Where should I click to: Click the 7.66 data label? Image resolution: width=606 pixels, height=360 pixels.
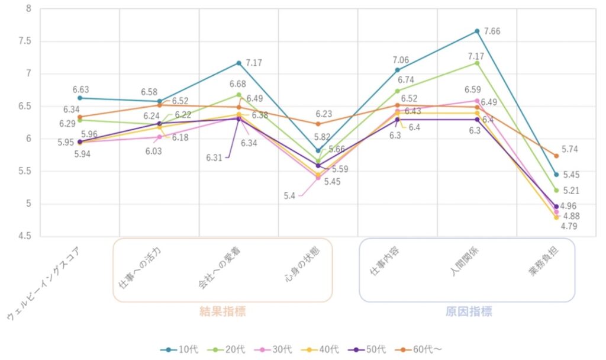click(492, 31)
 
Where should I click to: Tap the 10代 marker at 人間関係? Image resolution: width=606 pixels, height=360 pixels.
click(477, 31)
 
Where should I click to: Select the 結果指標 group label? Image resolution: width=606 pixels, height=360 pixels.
click(223, 311)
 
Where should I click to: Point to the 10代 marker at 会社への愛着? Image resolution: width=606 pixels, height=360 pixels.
click(238, 63)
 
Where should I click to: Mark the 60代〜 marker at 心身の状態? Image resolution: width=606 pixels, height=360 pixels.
click(318, 124)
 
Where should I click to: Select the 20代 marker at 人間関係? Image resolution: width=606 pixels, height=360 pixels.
click(477, 63)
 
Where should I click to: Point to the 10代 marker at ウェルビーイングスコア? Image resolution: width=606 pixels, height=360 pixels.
click(80, 98)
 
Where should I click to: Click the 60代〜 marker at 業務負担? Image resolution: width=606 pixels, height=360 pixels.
click(556, 156)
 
